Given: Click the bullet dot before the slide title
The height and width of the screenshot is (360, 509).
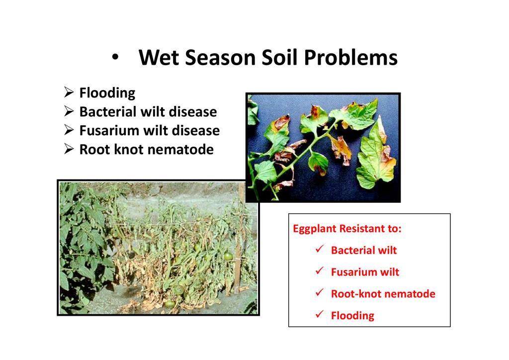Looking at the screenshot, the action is click(115, 58).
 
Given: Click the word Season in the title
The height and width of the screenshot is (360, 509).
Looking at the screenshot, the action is click(220, 58).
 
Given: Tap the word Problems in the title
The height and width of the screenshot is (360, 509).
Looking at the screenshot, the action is click(350, 58).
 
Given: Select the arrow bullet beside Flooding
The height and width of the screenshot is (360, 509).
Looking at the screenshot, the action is click(69, 92).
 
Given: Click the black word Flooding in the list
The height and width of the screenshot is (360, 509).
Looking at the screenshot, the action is click(107, 93).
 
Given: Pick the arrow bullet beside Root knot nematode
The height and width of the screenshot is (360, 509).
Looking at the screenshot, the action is click(69, 149).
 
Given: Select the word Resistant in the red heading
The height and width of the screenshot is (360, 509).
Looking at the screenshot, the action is click(362, 229).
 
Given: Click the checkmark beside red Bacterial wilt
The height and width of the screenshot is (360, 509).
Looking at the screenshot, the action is click(320, 249).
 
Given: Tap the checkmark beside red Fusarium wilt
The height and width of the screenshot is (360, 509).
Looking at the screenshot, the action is click(320, 271).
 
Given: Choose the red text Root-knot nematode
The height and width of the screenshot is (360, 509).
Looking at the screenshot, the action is click(383, 294).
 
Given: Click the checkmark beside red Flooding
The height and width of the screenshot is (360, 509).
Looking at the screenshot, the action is click(320, 315).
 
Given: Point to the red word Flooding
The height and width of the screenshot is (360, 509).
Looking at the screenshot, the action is click(352, 316).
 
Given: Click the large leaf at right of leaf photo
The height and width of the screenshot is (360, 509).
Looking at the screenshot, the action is click(376, 156).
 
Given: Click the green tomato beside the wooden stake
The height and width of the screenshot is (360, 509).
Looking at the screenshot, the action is click(228, 256).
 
